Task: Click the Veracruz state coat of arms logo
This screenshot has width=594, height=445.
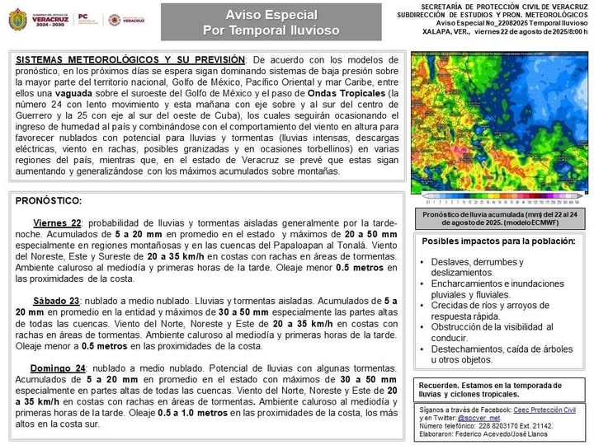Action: pyautogui.click(x=17, y=19)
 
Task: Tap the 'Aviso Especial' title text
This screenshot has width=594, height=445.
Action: pyautogui.click(x=270, y=15)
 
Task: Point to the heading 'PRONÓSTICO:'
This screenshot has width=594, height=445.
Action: pyautogui.click(x=49, y=200)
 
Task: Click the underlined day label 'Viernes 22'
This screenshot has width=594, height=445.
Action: pyautogui.click(x=57, y=223)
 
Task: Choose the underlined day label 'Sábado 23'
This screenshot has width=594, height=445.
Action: pyautogui.click(x=57, y=301)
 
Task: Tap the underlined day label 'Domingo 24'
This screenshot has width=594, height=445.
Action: pyautogui.click(x=59, y=368)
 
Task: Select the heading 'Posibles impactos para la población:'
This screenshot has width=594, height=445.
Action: pyautogui.click(x=498, y=241)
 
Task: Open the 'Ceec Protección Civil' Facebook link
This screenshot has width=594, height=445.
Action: pyautogui.click(x=544, y=410)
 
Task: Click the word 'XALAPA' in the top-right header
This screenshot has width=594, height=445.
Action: pyautogui.click(x=435, y=32)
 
